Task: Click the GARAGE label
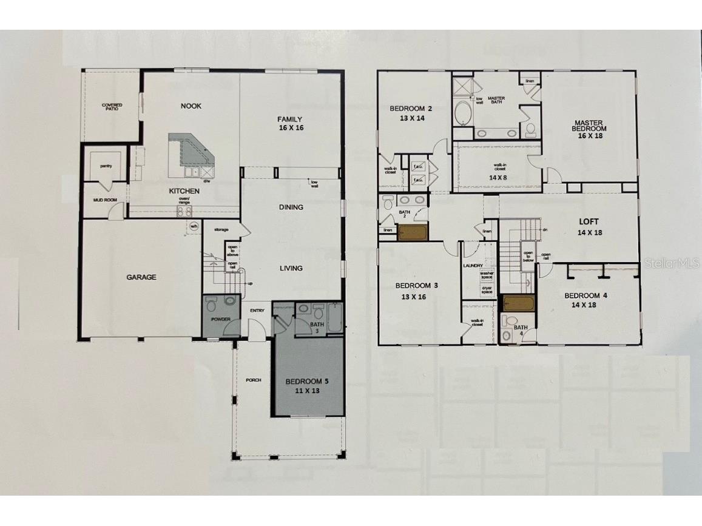[x=141, y=277]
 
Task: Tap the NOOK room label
[x=191, y=106]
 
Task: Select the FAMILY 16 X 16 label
[x=290, y=123]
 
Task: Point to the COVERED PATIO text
[x=112, y=107]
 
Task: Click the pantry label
[x=106, y=166]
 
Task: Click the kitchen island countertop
[x=191, y=152]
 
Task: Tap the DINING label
[x=291, y=207]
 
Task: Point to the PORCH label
[x=253, y=380]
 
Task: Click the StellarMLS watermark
[x=672, y=263]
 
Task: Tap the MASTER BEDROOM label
[x=590, y=129]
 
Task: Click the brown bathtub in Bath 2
[x=413, y=233]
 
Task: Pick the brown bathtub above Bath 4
[x=518, y=303]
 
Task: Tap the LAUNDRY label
[x=473, y=266]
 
